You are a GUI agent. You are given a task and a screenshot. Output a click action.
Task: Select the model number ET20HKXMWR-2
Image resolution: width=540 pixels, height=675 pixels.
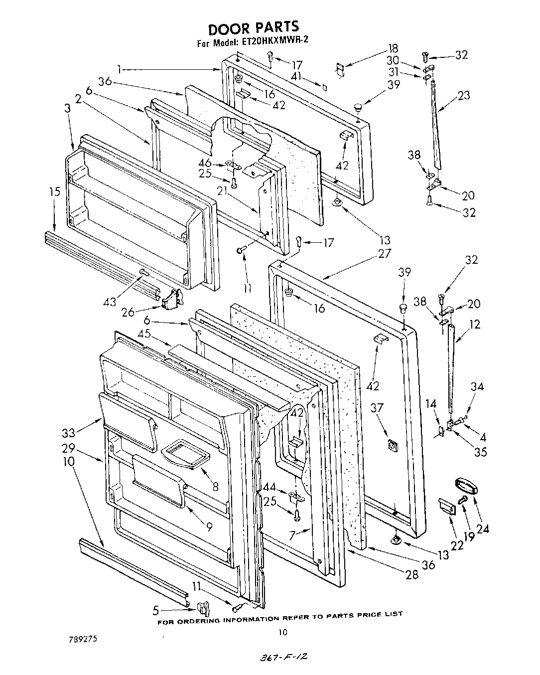[275, 42]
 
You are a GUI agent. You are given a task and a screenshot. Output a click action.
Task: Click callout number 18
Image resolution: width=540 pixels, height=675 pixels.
[393, 49]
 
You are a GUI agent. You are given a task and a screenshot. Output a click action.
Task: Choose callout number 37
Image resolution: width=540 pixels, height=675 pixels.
[377, 408]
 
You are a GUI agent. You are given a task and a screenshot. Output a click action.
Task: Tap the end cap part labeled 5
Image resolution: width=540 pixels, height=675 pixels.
[203, 608]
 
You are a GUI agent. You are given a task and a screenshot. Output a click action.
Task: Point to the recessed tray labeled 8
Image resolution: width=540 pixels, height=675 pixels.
[185, 454]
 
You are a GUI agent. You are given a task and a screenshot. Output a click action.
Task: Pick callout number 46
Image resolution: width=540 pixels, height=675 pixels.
[204, 163]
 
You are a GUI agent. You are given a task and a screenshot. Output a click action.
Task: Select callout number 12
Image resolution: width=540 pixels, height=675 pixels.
[474, 325]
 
